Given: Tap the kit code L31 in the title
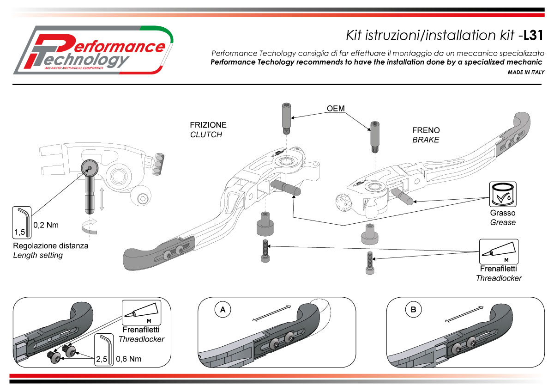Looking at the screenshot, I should click(536, 35).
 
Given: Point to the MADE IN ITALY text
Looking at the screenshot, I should click(526, 73).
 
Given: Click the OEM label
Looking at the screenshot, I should click(336, 109).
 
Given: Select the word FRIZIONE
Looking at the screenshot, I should click(208, 125).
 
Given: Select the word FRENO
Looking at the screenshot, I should click(426, 130).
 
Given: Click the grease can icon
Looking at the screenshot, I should click(503, 195).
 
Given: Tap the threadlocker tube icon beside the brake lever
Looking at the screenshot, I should click(499, 251).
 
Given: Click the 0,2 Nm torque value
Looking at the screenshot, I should click(46, 226).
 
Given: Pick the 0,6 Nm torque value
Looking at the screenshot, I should click(129, 358).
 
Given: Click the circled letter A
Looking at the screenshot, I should click(223, 310).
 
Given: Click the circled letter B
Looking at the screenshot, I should click(413, 310).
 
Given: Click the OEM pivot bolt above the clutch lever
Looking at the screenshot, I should click(284, 118).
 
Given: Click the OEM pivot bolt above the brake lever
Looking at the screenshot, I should click(374, 137).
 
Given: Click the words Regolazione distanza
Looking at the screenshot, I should click(50, 245).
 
